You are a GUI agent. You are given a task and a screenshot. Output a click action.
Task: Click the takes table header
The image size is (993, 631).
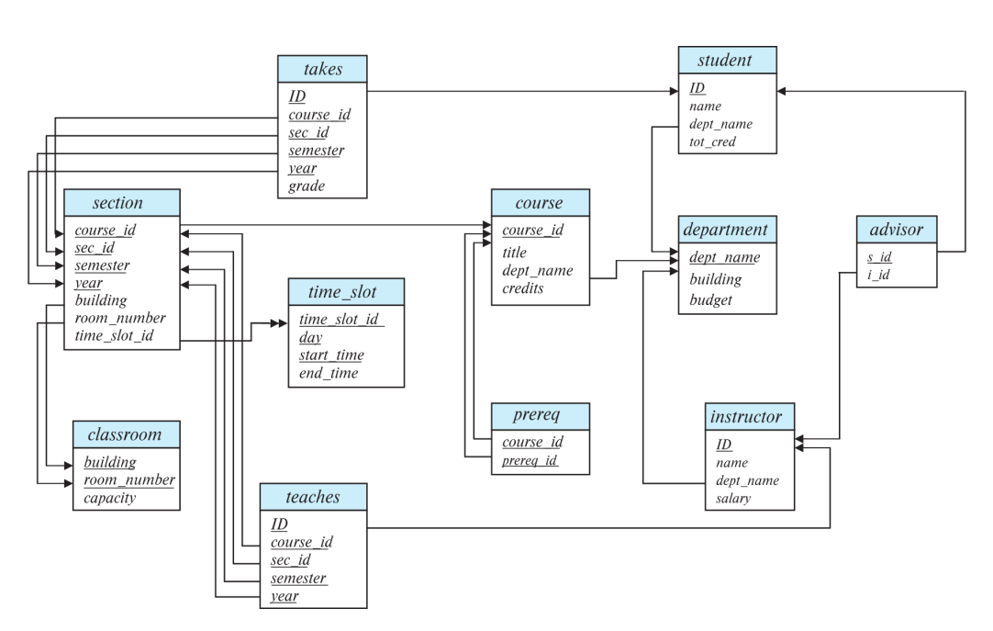(322, 69)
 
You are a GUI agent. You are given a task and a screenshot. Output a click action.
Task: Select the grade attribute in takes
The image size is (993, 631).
(307, 186)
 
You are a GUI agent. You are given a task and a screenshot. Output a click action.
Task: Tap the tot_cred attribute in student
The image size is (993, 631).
(712, 142)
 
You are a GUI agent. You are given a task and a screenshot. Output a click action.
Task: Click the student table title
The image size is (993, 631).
(724, 61)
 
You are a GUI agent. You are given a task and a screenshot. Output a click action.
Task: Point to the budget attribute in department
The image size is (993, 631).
(710, 299)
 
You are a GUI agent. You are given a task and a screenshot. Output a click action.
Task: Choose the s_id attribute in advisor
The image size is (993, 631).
(879, 256)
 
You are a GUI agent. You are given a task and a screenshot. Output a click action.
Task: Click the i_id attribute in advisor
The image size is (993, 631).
(878, 275)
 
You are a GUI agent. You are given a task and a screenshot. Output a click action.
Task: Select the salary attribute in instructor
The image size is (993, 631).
(733, 499)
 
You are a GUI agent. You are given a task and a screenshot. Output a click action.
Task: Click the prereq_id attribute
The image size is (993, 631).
(530, 460)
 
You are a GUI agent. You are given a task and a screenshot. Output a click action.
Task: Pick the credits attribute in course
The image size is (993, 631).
(523, 288)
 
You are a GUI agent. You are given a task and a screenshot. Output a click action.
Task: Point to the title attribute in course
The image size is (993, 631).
(514, 253)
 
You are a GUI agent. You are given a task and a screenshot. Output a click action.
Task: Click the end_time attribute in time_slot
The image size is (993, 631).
(329, 373)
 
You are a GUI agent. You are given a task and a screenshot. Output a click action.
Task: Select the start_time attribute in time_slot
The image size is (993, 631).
(331, 355)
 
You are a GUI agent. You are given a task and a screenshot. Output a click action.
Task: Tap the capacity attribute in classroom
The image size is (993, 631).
(109, 498)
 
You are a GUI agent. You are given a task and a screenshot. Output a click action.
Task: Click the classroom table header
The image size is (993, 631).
(126, 434)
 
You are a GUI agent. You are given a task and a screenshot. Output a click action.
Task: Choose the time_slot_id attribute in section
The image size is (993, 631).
(114, 336)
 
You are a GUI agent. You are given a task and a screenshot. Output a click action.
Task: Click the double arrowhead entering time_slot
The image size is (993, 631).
(279, 323)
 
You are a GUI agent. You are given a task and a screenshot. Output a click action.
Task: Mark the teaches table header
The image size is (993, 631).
(313, 497)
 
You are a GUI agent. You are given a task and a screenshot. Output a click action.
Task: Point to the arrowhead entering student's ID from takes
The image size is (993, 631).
(674, 91)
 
